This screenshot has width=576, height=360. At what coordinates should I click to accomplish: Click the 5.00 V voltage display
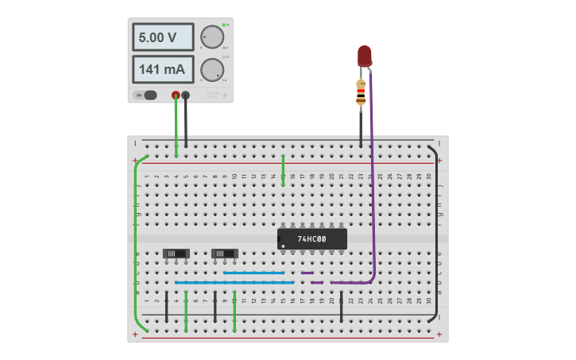tap(162, 37)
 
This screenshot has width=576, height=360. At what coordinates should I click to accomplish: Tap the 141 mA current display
tap(162, 69)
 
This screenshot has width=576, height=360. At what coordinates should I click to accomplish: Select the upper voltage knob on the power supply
tap(211, 37)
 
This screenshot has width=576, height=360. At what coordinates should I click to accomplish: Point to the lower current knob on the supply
tap(211, 70)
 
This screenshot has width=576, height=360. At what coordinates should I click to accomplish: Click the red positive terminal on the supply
tap(176, 95)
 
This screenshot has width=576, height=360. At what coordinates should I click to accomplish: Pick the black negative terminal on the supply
tap(186, 95)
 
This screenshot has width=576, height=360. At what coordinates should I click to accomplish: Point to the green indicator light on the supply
tap(225, 25)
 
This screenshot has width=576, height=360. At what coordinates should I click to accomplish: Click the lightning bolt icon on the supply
tap(225, 95)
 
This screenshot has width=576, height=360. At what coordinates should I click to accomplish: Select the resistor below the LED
tap(361, 92)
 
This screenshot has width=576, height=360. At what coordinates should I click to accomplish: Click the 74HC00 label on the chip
tap(311, 238)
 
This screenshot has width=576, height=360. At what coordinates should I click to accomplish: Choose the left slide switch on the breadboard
tap(176, 254)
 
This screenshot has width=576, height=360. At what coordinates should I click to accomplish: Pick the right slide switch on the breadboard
tap(225, 254)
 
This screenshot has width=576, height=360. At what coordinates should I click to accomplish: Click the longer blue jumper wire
tap(234, 282)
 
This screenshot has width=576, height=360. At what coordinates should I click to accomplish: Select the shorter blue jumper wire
tap(253, 273)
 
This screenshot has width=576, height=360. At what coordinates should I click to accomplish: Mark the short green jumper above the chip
tap(283, 170)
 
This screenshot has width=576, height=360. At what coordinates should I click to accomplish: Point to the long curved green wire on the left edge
tap(136, 238)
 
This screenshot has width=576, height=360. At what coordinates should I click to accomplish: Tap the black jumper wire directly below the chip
tap(341, 307)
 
